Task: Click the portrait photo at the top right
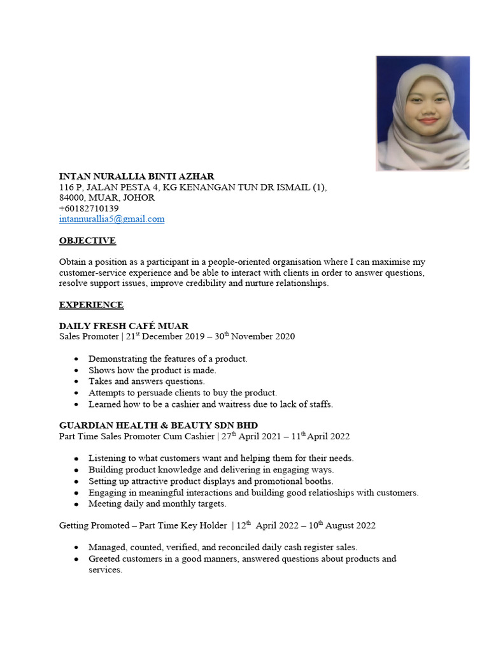point(423,113)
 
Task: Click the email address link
point(111,219)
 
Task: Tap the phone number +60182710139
point(89,208)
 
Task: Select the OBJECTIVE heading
point(87,241)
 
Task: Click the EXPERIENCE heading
point(91,305)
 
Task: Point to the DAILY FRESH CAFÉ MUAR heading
point(124,326)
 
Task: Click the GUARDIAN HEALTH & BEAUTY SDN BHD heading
point(159,425)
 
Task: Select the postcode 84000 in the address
point(72,197)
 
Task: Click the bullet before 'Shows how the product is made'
point(76,371)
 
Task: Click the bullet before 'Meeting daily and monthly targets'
point(76,504)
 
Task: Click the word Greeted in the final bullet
point(105,558)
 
